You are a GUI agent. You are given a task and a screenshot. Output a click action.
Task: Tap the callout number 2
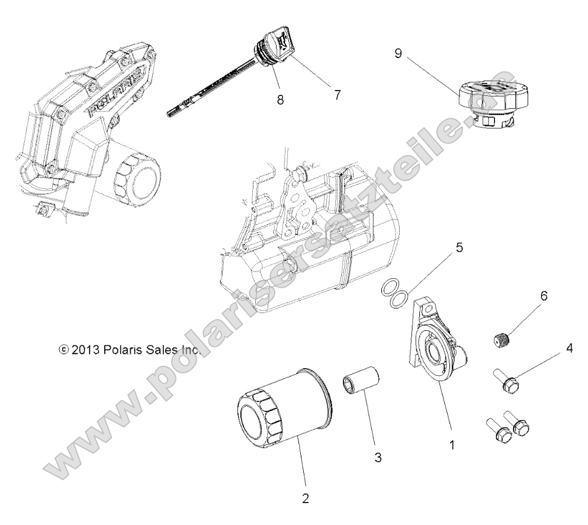pos(305,498)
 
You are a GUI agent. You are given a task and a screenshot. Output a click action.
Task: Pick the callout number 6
pos(542,294)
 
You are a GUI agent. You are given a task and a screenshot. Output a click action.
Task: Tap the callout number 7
pos(337,95)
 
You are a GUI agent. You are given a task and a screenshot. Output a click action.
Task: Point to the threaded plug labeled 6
pos(502,341)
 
